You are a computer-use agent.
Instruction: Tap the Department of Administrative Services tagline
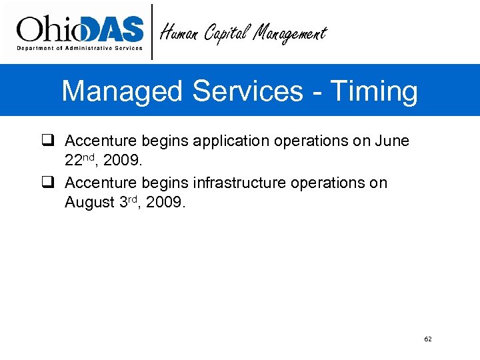click(x=79, y=48)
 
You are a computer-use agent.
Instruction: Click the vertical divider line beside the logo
click(x=153, y=31)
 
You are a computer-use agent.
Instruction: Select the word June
click(x=392, y=141)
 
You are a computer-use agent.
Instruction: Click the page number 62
click(x=428, y=339)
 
